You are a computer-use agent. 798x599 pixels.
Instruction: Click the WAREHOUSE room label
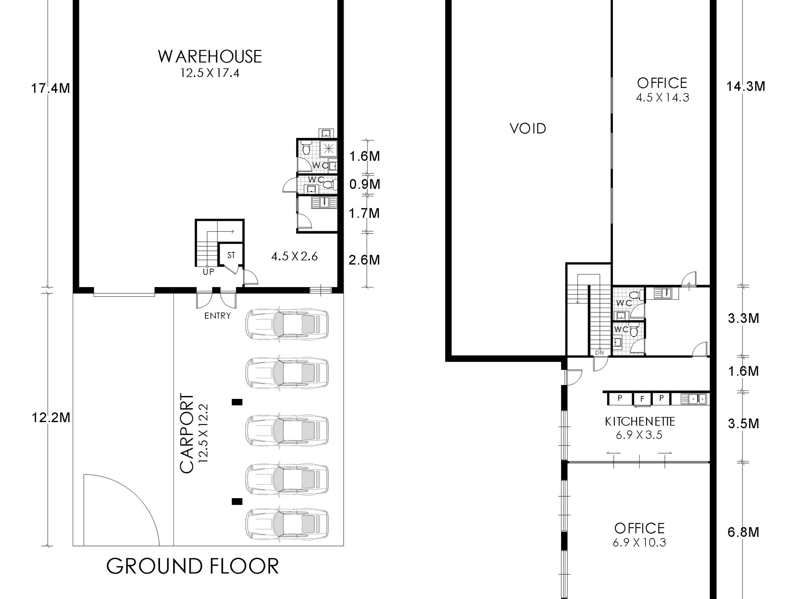point(210,57)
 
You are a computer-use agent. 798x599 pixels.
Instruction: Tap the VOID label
point(528,128)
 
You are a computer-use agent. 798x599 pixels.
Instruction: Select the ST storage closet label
point(231,255)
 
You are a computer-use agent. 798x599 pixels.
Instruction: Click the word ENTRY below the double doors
point(217,316)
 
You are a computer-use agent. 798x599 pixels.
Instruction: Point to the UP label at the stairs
point(208,272)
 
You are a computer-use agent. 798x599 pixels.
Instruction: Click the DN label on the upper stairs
point(599,352)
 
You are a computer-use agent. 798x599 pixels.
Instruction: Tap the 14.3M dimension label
point(745,86)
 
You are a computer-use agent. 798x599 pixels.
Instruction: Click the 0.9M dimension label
point(364,184)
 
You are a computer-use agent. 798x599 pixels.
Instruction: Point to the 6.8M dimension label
point(743,532)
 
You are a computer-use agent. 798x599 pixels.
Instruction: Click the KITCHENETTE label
point(640,422)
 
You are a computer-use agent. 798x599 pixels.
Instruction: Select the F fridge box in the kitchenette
point(642,398)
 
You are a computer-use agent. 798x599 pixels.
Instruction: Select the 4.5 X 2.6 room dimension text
point(294,256)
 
